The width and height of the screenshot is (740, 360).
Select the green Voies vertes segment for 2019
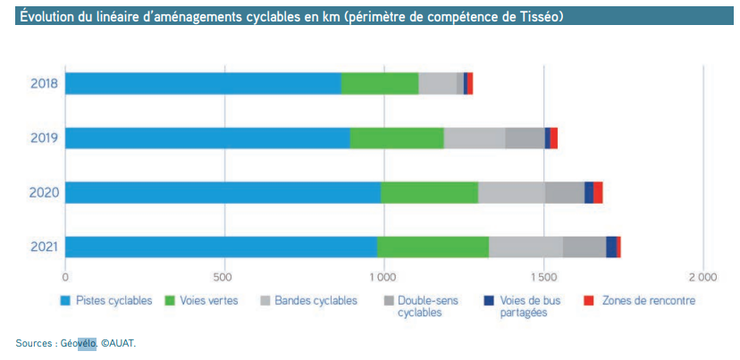point(397,138)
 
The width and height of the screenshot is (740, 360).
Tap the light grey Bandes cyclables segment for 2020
point(511,192)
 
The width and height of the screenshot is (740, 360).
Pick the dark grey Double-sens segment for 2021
point(584,247)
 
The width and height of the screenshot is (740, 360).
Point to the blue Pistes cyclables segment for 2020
point(223,192)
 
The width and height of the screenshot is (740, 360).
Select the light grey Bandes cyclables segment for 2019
point(475,138)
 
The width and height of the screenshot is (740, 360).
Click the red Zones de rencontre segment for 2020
point(598,192)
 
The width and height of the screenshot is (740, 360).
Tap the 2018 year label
point(42,83)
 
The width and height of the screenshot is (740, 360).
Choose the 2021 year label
point(42,247)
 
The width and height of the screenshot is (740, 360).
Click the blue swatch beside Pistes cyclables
point(66,301)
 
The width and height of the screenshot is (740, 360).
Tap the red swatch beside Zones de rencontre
point(587,301)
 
